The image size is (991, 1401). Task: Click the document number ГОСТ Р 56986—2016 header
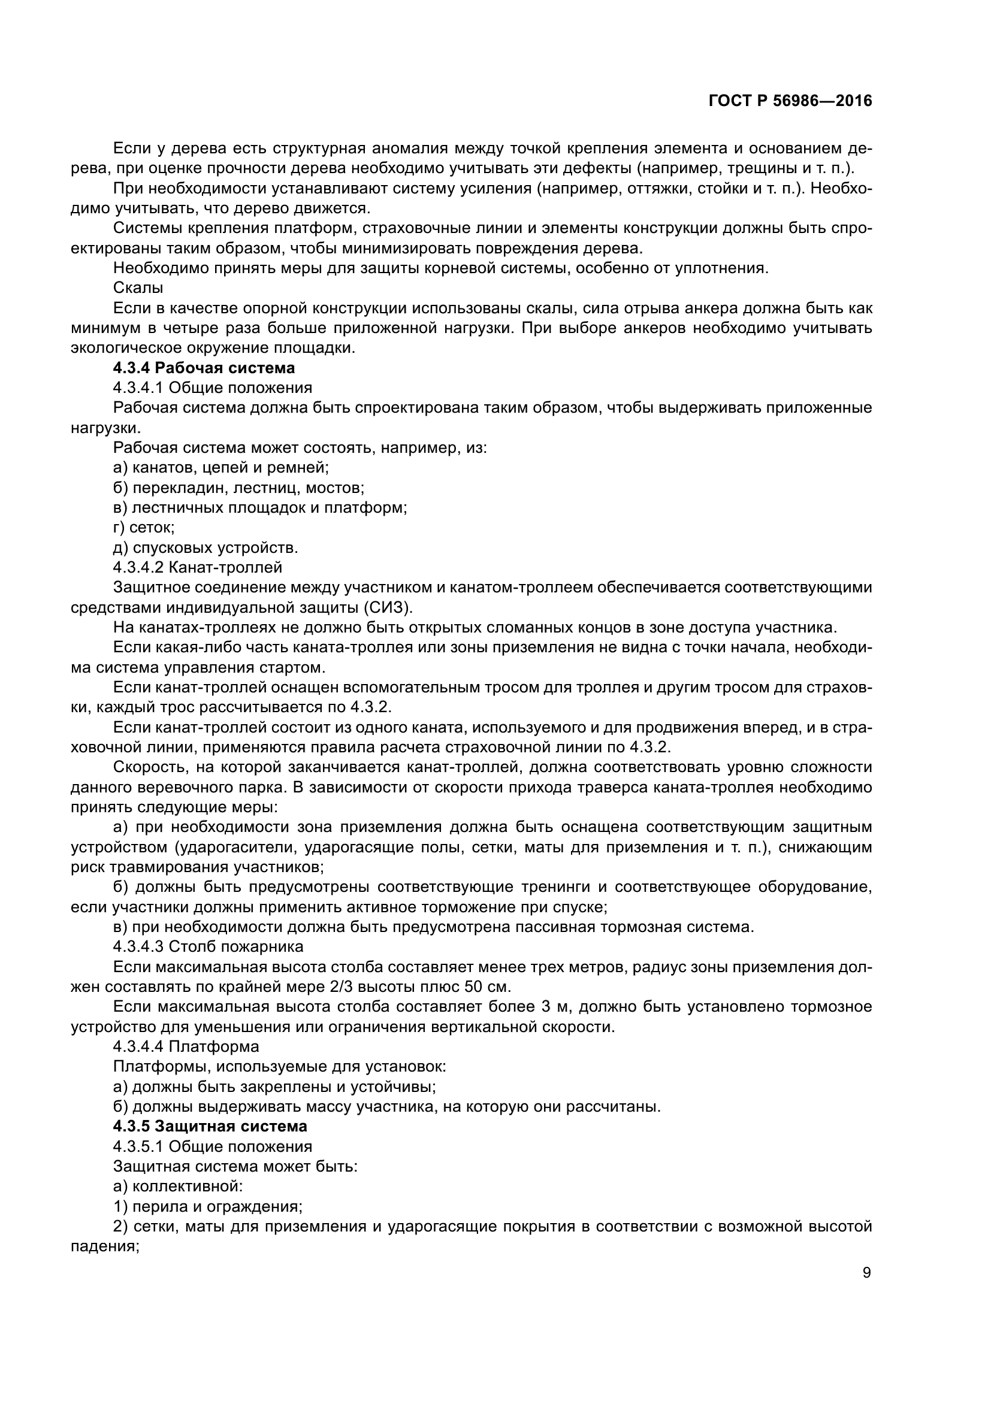point(790,101)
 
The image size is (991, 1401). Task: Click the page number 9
point(867,1273)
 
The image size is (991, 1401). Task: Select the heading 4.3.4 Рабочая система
point(204,368)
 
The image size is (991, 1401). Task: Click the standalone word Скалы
point(138,288)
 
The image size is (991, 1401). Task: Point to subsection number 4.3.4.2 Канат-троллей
point(198,567)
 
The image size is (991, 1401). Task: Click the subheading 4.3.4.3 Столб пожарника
point(208,946)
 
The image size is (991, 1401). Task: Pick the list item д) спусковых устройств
point(206,547)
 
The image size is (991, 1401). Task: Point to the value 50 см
point(488,987)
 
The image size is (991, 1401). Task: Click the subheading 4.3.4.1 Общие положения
point(212,388)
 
